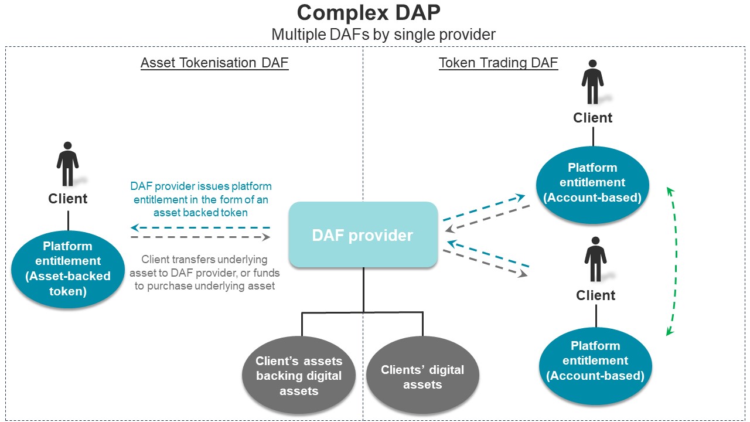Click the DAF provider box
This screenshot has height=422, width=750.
coord(363,234)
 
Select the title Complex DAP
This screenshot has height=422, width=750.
coord(369,13)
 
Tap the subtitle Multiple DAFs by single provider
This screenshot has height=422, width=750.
coord(383,35)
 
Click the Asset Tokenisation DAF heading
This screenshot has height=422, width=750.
coord(214,63)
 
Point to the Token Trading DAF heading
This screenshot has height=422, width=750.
coord(499,63)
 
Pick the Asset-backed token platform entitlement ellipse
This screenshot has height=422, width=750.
coord(68,269)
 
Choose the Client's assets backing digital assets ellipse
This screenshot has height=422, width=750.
coord(299,376)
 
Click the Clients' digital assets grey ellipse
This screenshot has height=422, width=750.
coord(422,376)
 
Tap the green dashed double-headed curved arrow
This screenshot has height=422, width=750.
coord(676,261)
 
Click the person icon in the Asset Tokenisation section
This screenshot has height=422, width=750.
coord(67,164)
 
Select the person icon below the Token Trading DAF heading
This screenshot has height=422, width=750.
coord(592,82)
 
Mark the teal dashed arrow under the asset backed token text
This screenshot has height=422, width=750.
coord(200,228)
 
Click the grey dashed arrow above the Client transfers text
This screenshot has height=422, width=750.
coord(200,237)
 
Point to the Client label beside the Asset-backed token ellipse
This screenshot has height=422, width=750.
coord(67,199)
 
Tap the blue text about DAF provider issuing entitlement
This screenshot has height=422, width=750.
coord(201,199)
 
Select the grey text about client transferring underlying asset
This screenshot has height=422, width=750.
coord(204,273)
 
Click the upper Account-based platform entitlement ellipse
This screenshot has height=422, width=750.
coord(592,185)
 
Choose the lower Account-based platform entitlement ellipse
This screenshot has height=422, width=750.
coord(595,366)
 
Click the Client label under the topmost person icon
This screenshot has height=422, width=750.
coord(592,118)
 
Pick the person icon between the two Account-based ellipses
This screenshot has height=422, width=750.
coord(596,259)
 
